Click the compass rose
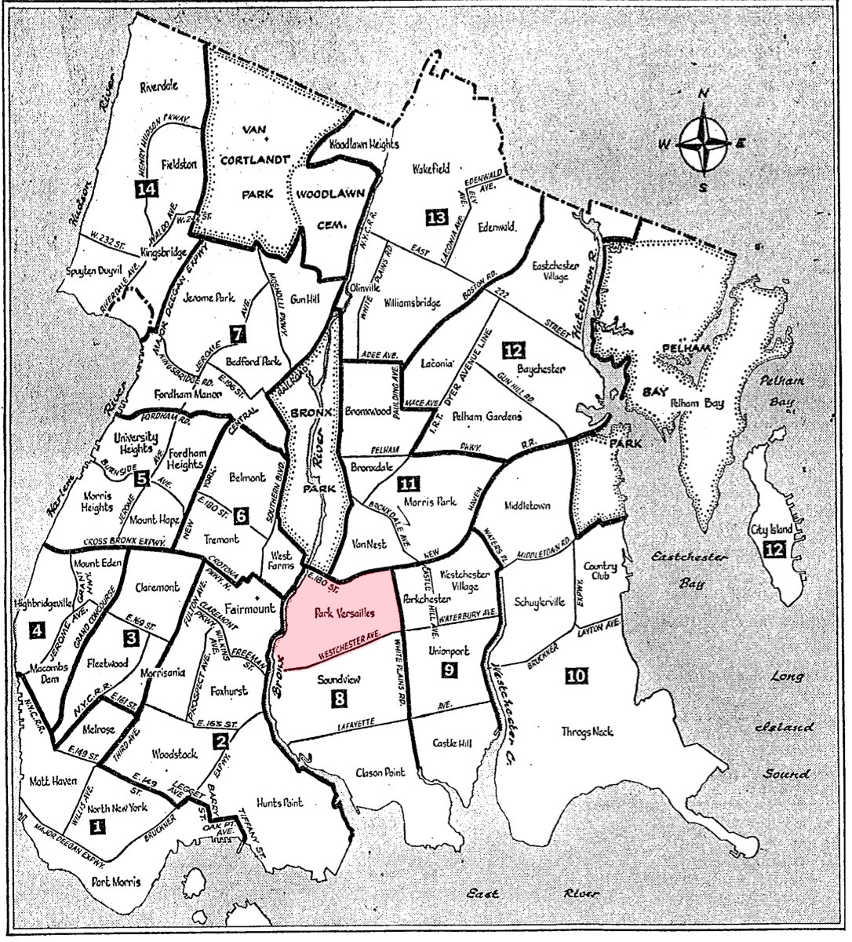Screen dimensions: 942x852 (x=703, y=144)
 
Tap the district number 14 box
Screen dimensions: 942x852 (x=145, y=189)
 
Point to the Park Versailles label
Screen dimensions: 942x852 (x=344, y=612)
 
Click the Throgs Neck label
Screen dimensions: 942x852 (x=586, y=732)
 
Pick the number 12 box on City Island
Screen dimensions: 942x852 (x=773, y=549)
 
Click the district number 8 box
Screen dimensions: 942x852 (x=338, y=698)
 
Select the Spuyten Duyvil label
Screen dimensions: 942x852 (x=95, y=269)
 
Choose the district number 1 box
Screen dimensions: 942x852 (x=97, y=827)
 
